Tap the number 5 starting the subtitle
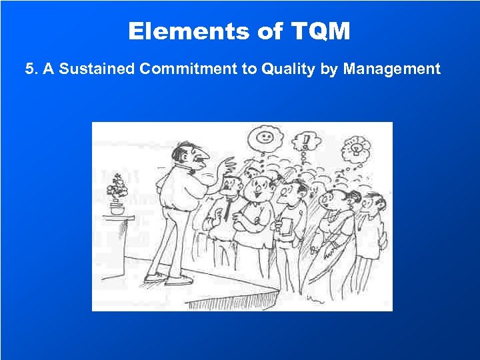coord(29,69)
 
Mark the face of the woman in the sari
coord(337,199)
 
